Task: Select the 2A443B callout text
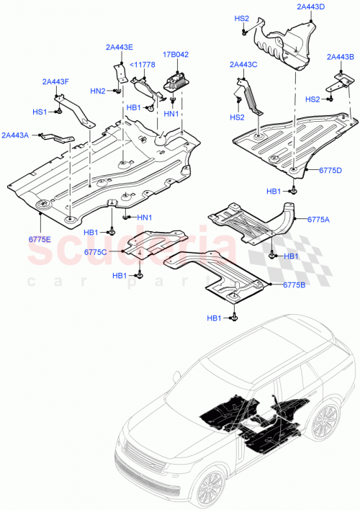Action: [341, 57]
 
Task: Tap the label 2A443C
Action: [243, 65]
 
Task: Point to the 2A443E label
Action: [119, 48]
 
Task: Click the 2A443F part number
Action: [55, 81]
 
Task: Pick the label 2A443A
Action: [16, 135]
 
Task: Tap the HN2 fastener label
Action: [97, 91]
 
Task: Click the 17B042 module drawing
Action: [176, 81]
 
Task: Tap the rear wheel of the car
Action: [326, 421]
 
